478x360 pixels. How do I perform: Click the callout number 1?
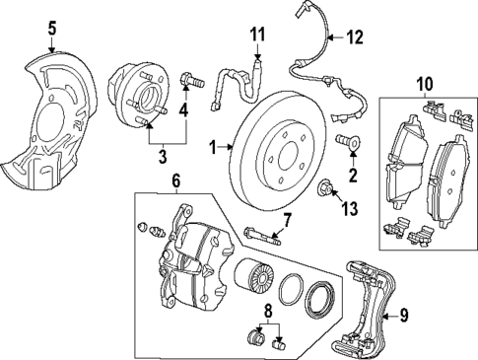click(212, 147)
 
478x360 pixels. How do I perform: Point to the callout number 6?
click(176, 181)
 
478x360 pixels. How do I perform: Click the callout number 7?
click(288, 218)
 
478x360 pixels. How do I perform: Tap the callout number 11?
click(257, 36)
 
